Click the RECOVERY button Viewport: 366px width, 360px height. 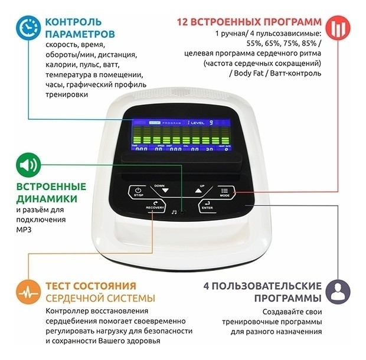[155, 208]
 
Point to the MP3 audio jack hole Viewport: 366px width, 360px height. [182, 211]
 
